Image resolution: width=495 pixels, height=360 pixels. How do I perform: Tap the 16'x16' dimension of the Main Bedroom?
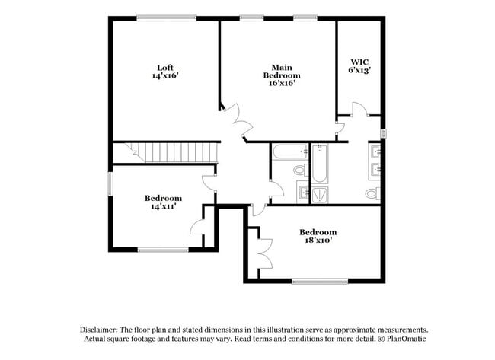click(282, 84)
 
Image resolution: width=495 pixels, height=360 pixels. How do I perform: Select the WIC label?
click(359, 62)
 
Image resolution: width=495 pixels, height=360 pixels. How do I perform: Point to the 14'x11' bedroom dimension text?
click(164, 206)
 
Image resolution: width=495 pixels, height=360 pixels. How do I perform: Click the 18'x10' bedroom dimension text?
click(318, 241)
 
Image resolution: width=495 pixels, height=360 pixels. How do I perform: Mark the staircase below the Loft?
click(174, 152)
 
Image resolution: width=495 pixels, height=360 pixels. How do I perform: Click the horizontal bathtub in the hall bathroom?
click(289, 151)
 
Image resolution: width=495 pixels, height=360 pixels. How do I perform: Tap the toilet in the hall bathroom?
click(301, 170)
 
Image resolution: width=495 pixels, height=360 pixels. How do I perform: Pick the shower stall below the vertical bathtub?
click(320, 193)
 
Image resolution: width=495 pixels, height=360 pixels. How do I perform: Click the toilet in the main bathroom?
click(372, 193)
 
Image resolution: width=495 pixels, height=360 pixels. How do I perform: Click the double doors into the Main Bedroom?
click(238, 119)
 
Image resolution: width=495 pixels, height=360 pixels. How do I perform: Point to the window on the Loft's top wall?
click(166, 18)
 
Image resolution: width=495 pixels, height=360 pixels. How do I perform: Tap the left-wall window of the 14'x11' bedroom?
click(110, 183)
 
